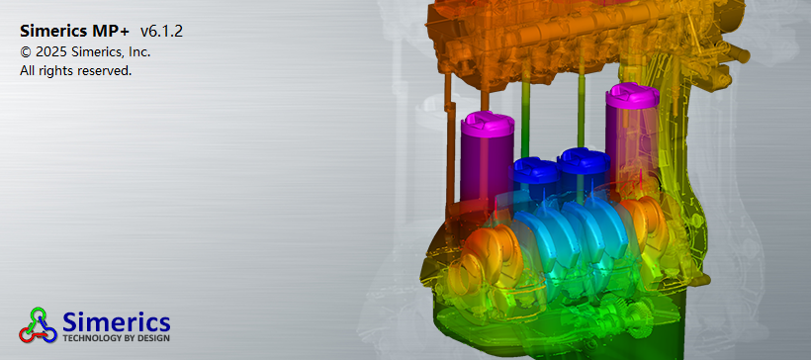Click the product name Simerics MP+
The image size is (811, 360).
[76, 31]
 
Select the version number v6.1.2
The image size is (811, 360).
[162, 31]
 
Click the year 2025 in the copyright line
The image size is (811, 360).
[51, 51]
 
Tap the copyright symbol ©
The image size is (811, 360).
[26, 51]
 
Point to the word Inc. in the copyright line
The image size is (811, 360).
[139, 51]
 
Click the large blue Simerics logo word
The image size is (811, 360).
[117, 322]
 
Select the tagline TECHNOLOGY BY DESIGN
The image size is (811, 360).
[117, 338]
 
